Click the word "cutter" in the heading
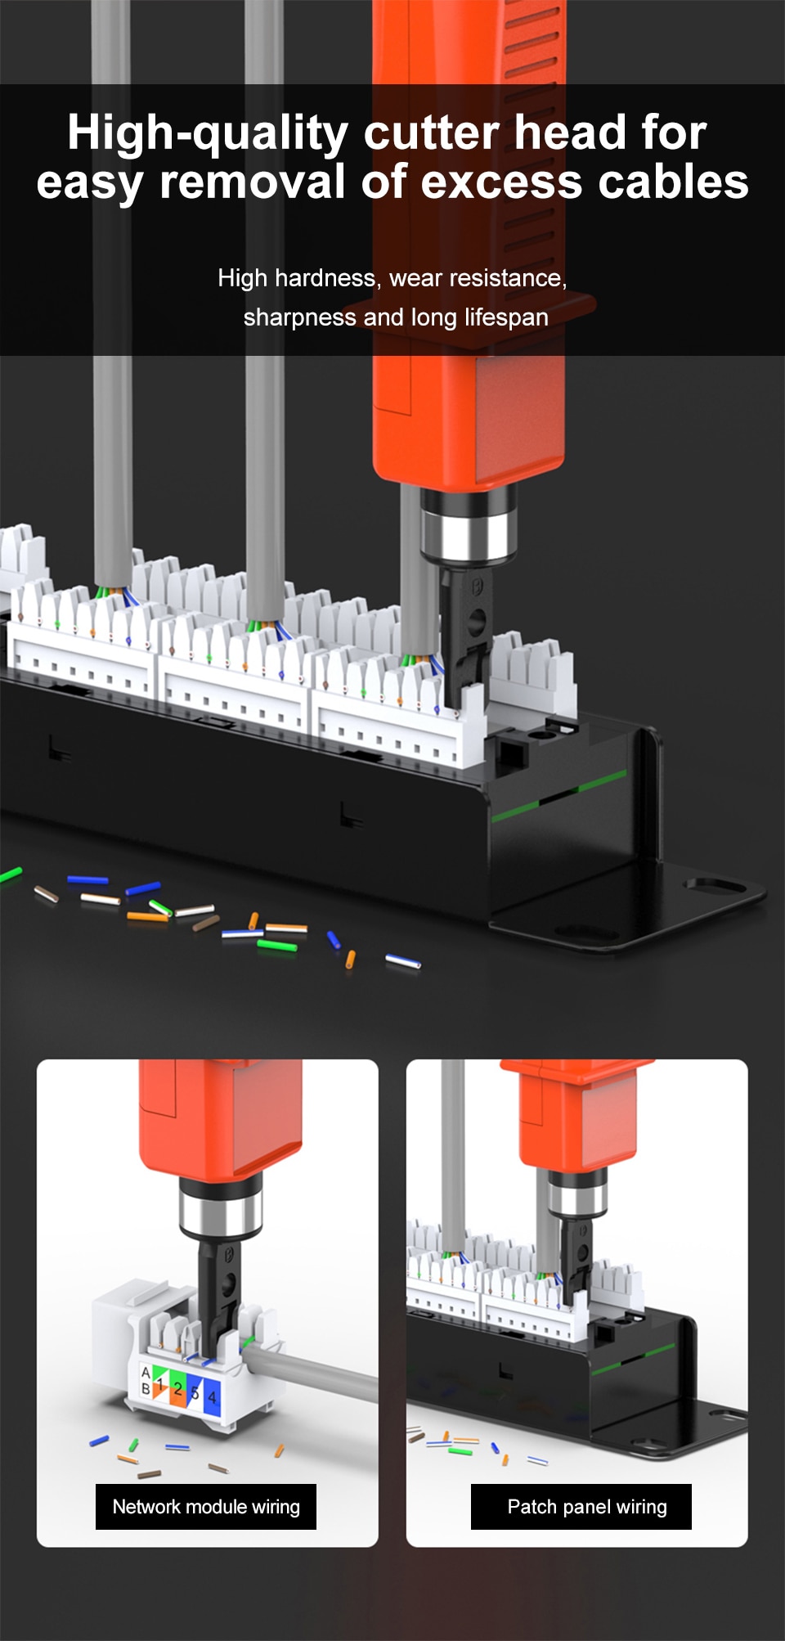point(431,133)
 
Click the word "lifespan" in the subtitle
point(506,317)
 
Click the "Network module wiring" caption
point(206,1507)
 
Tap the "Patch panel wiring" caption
point(587,1507)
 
